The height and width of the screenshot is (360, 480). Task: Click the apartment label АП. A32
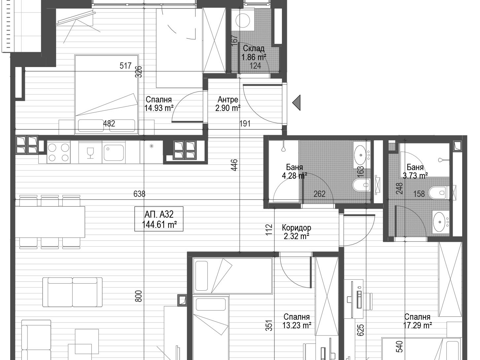point(159,215)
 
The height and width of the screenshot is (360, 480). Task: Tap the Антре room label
point(228,100)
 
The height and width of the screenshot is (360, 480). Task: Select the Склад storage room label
point(254,48)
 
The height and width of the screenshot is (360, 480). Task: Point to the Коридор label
point(296,228)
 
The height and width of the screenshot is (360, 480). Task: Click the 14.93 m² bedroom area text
point(159,108)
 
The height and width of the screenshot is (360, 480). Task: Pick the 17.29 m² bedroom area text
point(418,325)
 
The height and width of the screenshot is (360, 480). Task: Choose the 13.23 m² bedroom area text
point(297,325)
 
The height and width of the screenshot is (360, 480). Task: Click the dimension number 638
point(139,194)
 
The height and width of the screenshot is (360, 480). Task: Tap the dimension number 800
point(139,296)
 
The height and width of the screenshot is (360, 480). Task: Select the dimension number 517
point(125,66)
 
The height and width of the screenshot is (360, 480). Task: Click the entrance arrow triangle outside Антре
point(296,103)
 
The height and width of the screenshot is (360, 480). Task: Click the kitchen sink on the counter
point(114,153)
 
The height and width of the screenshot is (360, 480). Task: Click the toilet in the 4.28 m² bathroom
point(361,185)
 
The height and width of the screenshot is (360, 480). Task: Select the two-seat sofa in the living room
point(72,292)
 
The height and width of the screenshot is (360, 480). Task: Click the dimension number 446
point(234,165)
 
